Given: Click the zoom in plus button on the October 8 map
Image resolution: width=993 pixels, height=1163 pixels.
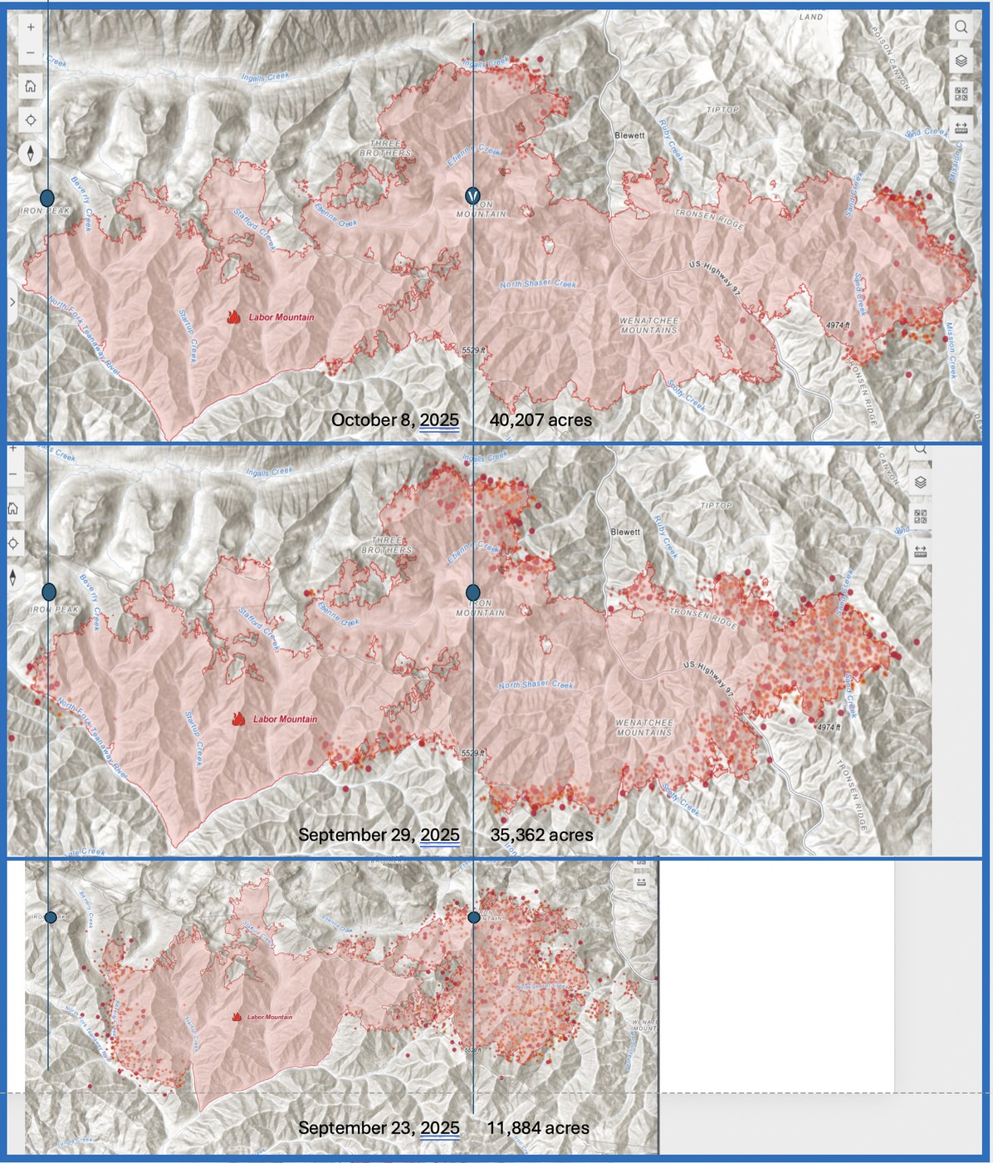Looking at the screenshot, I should (31, 27).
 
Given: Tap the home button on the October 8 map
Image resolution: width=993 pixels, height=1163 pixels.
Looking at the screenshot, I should (31, 86).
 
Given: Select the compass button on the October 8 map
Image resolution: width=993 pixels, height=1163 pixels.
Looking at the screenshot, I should (31, 154).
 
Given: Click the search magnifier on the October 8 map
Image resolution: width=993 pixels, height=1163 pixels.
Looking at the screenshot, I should (961, 27).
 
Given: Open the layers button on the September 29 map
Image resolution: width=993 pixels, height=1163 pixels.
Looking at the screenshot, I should (920, 483).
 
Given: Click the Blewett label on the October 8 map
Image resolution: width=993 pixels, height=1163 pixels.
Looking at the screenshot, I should (629, 135).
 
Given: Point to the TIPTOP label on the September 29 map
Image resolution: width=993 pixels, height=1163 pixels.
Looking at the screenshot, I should (717, 505).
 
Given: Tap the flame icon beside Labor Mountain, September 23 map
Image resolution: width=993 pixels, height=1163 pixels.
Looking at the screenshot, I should (237, 1017).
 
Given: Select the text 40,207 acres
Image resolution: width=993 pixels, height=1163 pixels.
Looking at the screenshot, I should (541, 420).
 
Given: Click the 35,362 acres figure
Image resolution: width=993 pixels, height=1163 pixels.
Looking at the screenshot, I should (541, 835).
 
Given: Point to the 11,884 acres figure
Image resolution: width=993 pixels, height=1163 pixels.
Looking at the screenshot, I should (538, 1128).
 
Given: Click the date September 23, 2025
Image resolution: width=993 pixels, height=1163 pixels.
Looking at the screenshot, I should (379, 1128).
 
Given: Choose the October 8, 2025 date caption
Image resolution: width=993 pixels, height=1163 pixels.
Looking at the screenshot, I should (394, 420).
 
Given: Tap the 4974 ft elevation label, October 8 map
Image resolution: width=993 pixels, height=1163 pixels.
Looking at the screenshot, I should (837, 325).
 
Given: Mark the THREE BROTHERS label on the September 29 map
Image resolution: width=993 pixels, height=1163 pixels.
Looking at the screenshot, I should (386, 545).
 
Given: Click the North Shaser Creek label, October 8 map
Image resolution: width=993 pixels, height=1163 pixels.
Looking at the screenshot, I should (537, 284).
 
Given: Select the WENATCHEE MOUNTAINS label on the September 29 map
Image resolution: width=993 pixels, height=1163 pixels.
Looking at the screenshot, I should (644, 728).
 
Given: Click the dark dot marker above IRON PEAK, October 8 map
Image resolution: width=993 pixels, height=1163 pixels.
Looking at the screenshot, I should (47, 198).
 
